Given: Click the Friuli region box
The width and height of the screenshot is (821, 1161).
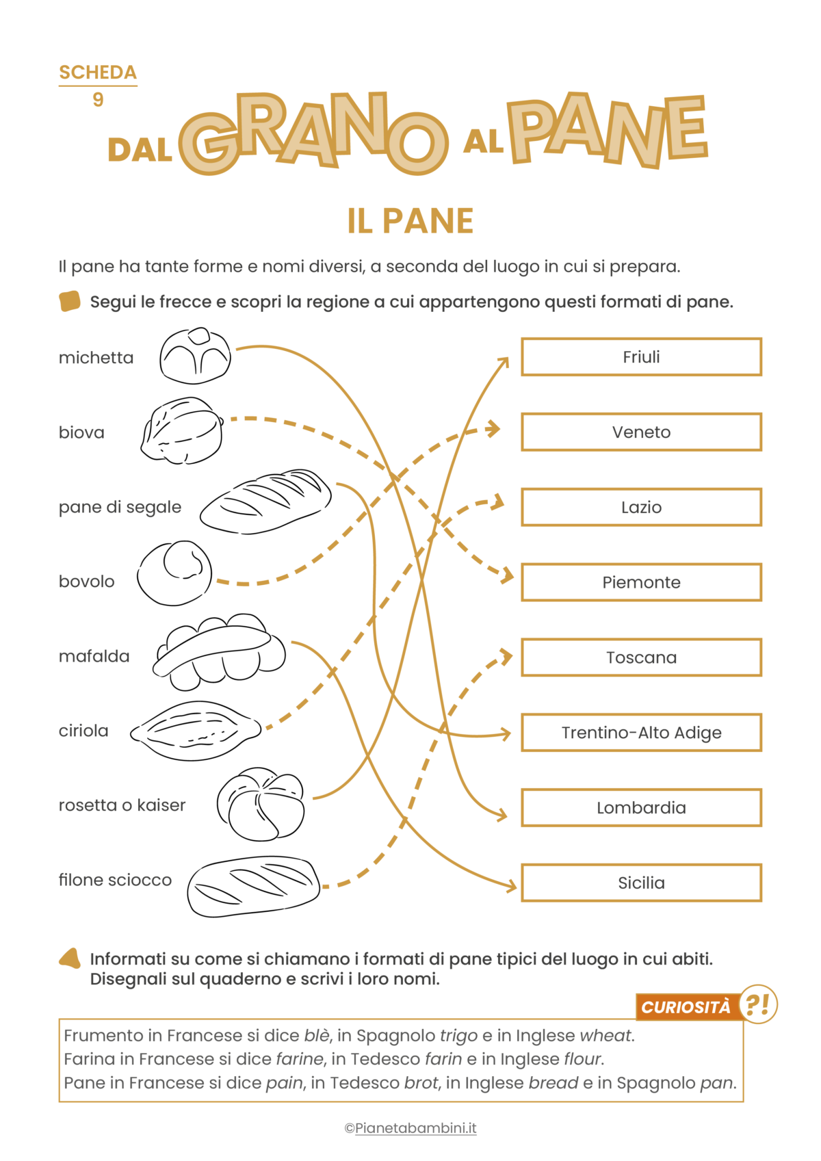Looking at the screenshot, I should pyautogui.click(x=641, y=356).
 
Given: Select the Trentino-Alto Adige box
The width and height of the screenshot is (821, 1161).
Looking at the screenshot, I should pyautogui.click(x=641, y=733).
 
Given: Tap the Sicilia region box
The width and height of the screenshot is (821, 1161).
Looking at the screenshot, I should pyautogui.click(x=641, y=883).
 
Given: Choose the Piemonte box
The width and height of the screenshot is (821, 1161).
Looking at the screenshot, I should pyautogui.click(x=641, y=582).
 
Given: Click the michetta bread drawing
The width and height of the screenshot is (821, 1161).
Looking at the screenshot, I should pyautogui.click(x=195, y=356).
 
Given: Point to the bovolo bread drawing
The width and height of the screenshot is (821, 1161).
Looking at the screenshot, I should pyautogui.click(x=174, y=573).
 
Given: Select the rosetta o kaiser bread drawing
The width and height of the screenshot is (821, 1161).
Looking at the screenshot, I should pyautogui.click(x=261, y=804).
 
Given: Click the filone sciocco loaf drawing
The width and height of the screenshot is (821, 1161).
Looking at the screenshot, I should pyautogui.click(x=254, y=885).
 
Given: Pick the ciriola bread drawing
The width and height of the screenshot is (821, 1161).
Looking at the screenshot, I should pyautogui.click(x=196, y=730).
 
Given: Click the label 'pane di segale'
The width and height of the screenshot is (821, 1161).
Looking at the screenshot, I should pyautogui.click(x=120, y=507).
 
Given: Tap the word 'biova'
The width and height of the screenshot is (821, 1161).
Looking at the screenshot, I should pyautogui.click(x=81, y=432).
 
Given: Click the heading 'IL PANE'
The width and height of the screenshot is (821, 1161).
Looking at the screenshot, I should pyautogui.click(x=410, y=221).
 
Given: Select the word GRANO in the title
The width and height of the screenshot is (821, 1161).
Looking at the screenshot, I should pyautogui.click(x=313, y=133).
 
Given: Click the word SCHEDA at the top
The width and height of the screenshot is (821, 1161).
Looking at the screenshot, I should pyautogui.click(x=98, y=73).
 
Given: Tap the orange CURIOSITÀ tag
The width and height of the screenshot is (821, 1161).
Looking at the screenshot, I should pyautogui.click(x=686, y=1007).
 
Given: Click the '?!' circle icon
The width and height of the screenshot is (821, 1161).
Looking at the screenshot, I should pyautogui.click(x=758, y=1004).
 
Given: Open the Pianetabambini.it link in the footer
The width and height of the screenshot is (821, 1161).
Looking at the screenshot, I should pyautogui.click(x=415, y=1128).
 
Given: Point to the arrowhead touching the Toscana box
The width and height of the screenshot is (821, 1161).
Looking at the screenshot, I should pyautogui.click(x=507, y=657).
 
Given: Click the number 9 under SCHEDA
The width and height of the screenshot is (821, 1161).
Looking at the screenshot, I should pyautogui.click(x=98, y=100).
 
